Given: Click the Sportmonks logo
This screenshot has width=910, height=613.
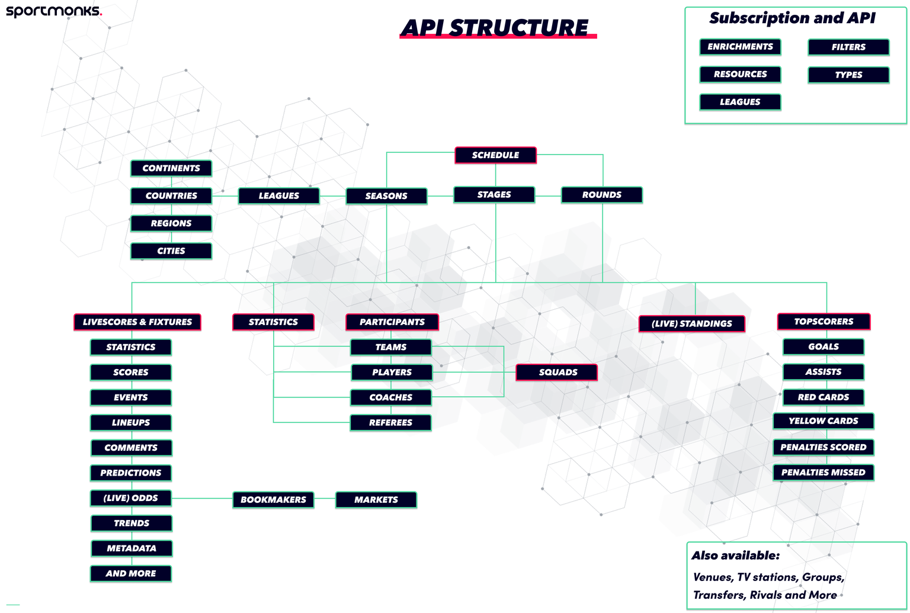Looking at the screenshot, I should [53, 11].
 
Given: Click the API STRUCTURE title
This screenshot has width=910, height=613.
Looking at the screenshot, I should [495, 28].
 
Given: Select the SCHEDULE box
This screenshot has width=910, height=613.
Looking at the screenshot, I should [495, 155].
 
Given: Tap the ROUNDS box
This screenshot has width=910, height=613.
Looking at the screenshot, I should [601, 195].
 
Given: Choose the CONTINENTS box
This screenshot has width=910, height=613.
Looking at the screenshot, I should [171, 168].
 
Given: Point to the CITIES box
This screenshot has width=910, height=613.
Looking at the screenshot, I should [171, 251].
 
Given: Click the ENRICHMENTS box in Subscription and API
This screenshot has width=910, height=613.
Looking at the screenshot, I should [740, 47].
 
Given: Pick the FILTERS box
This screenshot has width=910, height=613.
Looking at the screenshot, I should [848, 47].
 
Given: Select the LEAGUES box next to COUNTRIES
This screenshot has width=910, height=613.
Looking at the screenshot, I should [278, 195].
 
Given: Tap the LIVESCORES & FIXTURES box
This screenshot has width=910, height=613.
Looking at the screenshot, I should [137, 322].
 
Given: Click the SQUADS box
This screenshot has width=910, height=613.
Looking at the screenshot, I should [557, 373].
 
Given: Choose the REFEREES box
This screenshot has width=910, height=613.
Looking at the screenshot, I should [390, 423].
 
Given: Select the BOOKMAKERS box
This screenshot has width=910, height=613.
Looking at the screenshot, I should [273, 500].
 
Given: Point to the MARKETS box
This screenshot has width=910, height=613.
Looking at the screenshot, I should [376, 500].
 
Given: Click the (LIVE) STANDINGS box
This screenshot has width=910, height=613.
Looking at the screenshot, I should [691, 324].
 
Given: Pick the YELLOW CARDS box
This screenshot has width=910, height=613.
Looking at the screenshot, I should [823, 421].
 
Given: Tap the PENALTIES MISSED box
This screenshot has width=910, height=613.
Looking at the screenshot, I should [823, 473].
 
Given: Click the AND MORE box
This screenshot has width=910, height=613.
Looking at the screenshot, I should [131, 574].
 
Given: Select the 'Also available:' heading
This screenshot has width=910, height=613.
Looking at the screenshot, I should [736, 556].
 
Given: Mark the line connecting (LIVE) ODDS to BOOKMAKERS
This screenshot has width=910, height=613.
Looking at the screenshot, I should [202, 499].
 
